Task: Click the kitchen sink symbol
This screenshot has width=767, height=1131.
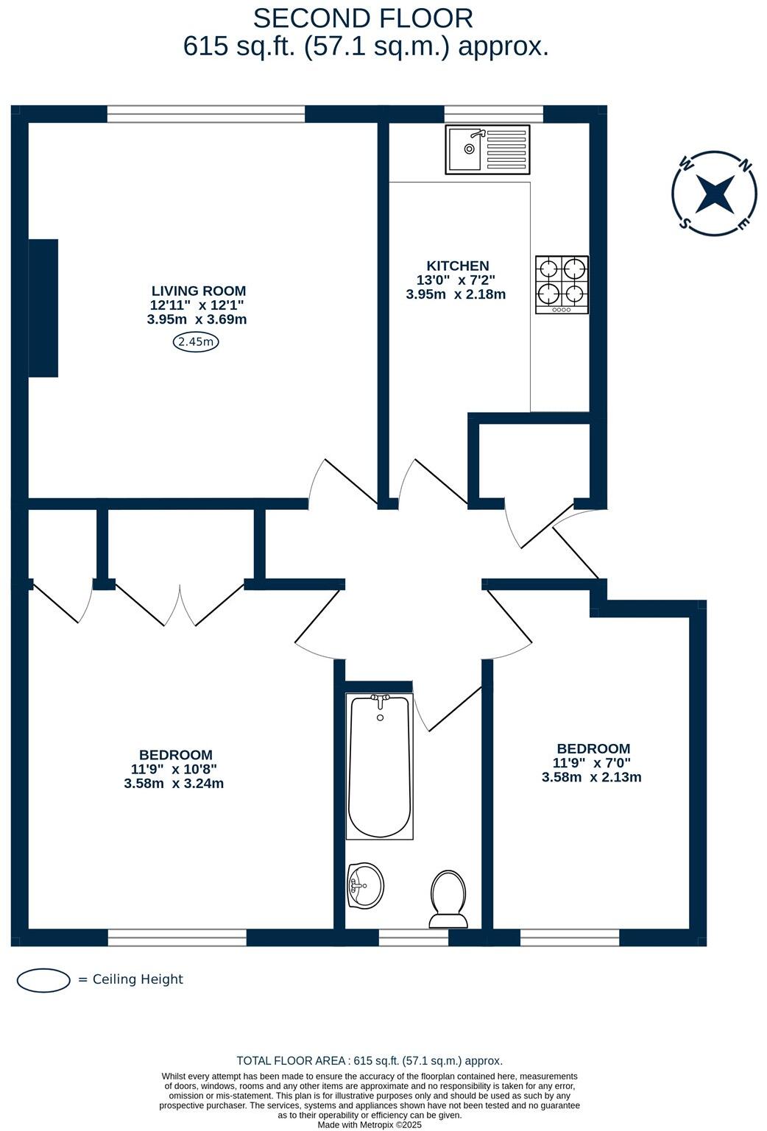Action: [x=487, y=150]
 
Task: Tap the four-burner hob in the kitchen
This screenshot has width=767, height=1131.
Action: [x=562, y=284]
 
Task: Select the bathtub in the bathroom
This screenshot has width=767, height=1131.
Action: [x=380, y=765]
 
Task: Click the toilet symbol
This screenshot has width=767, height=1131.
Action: [x=448, y=898]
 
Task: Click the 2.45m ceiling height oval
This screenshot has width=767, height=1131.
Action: [x=197, y=341]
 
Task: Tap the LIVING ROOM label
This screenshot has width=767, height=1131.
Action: [x=199, y=291]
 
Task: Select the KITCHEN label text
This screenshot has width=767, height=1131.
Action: [x=457, y=266]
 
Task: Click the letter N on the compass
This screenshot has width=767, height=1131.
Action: [x=746, y=166]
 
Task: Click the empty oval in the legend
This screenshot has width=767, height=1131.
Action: [x=43, y=979]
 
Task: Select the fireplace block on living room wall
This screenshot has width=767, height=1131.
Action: [x=43, y=308]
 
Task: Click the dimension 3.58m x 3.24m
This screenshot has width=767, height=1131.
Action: [x=174, y=783]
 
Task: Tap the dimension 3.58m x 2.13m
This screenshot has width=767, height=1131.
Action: [x=591, y=777]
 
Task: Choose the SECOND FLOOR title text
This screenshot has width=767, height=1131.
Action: [x=363, y=18]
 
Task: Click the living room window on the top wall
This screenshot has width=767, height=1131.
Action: [x=206, y=114]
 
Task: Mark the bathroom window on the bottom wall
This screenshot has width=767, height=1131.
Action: [x=413, y=937]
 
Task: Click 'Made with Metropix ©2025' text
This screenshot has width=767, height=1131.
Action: [x=370, y=1124]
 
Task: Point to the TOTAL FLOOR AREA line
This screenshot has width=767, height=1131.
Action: [x=370, y=1060]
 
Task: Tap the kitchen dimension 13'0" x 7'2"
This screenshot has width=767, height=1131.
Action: [x=456, y=280]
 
